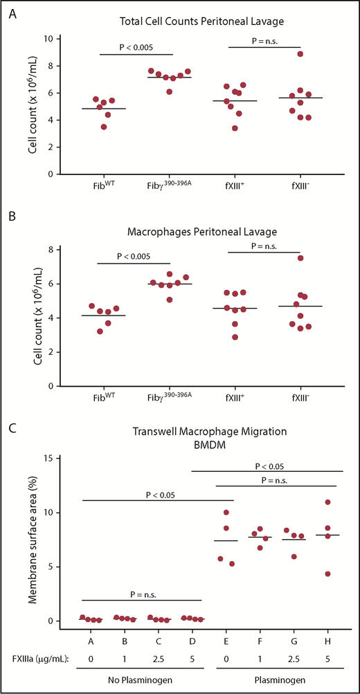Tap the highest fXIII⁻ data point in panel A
tap(299, 54)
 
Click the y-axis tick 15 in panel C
tap(48, 458)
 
